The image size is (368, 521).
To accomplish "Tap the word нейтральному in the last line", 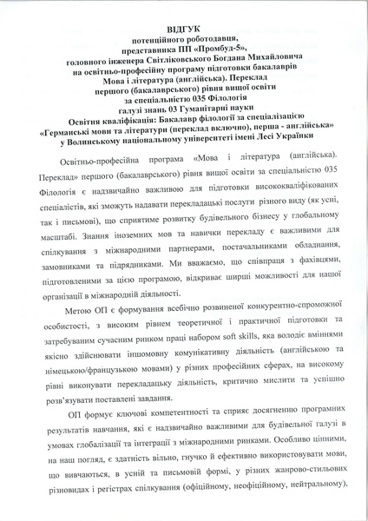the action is coord(316,505).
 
